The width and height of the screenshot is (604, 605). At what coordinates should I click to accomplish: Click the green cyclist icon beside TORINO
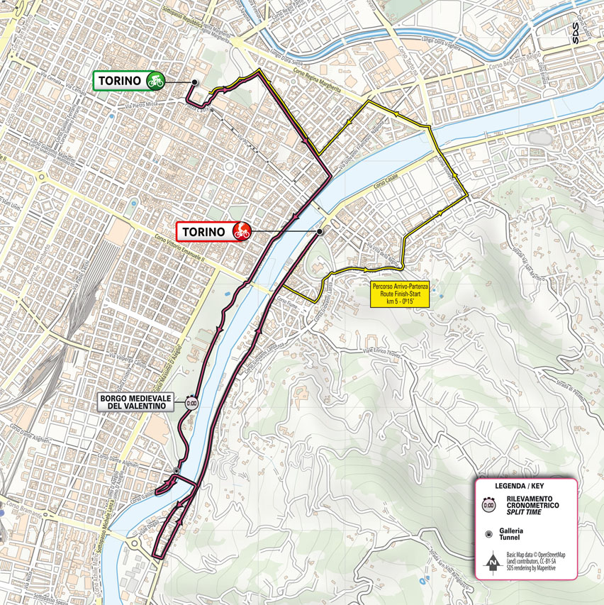click(x=155, y=81)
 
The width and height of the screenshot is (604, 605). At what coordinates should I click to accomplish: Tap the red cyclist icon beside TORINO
click(x=240, y=231)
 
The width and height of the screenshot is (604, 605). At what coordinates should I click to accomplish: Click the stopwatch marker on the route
click(x=191, y=401)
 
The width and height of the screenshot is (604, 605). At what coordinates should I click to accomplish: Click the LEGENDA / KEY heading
click(x=526, y=487)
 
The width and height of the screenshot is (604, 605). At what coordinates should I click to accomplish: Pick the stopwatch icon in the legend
click(x=488, y=505)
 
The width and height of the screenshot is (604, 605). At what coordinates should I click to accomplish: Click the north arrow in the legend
click(x=490, y=562)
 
